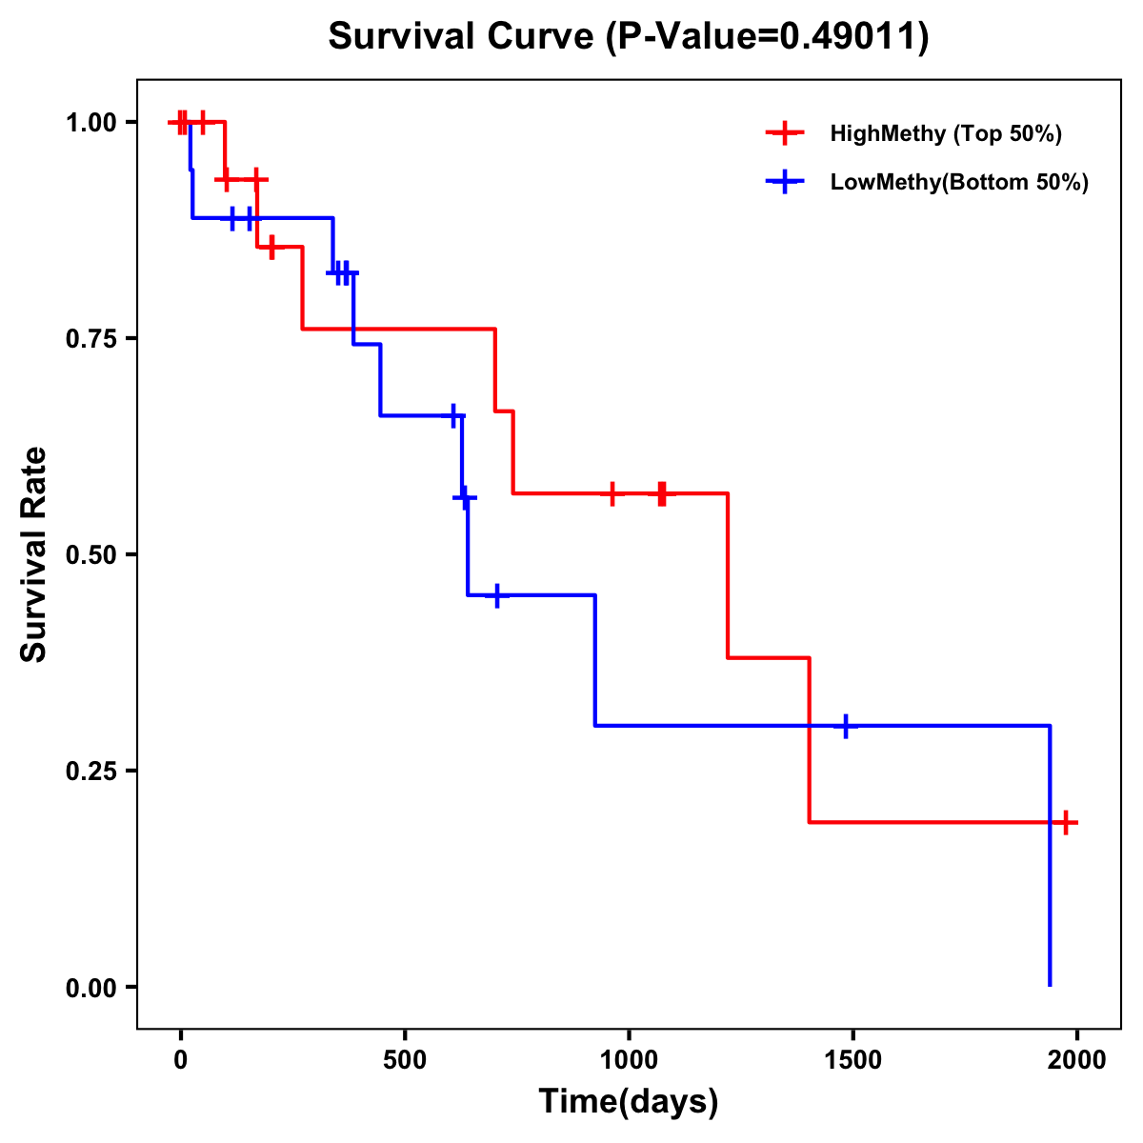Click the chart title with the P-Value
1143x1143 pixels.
coord(629,37)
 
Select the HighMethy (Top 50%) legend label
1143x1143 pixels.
coord(946,133)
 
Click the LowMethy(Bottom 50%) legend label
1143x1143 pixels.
coord(959,182)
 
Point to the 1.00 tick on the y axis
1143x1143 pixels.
coord(90,123)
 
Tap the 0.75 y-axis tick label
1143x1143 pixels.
coord(90,339)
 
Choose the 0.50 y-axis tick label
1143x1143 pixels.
coord(90,555)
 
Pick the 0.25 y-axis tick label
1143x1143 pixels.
coord(90,772)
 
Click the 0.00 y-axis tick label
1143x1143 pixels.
coord(90,988)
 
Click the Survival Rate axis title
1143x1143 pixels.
coord(34,554)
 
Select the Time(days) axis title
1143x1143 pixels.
coord(629,1101)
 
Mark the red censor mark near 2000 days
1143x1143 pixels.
coord(1066,822)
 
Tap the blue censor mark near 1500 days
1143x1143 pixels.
coord(845,726)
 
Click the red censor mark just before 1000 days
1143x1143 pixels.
coord(612,493)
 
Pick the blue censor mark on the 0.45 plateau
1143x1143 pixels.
coord(496,595)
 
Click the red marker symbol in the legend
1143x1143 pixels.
coord(784,133)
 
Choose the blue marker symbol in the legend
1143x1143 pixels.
coord(784,182)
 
